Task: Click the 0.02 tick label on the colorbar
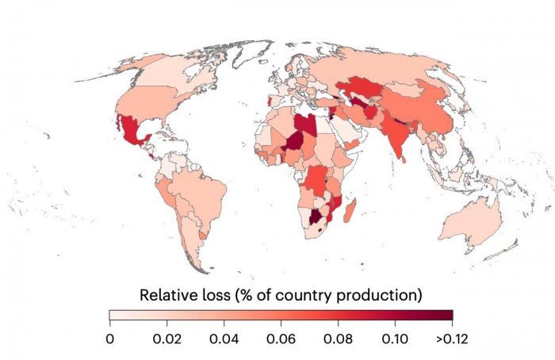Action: [x=167, y=339]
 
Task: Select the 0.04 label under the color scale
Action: [x=224, y=339]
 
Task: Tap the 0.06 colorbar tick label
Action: [x=281, y=339]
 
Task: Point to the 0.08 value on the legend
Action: [x=338, y=339]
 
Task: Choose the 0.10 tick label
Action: [x=395, y=339]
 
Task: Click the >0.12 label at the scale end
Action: [x=452, y=339]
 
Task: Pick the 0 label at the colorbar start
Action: [x=110, y=339]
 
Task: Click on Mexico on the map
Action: [x=132, y=130]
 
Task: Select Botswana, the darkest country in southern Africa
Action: [x=315, y=216]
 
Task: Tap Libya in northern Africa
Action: [x=306, y=124]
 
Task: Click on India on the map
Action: [x=396, y=135]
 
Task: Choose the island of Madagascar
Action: [x=350, y=210]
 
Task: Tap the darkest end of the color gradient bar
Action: [x=450, y=315]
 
